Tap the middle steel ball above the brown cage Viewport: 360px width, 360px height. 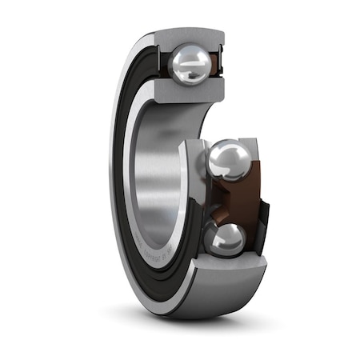pyautogui.click(x=228, y=159)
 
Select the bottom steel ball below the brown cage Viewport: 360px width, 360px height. pyautogui.click(x=227, y=238)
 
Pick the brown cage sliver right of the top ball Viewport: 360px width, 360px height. pyautogui.click(x=218, y=64)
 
